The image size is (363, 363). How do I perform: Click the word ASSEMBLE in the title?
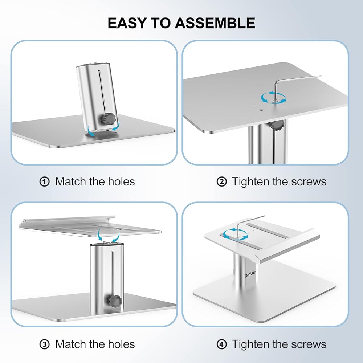pyautogui.click(x=215, y=23)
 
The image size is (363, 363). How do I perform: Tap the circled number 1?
pyautogui.click(x=44, y=182)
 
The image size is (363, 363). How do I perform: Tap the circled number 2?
pyautogui.click(x=221, y=182)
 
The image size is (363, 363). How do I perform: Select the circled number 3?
pyautogui.click(x=44, y=344)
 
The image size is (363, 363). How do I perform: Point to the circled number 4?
pyautogui.click(x=221, y=344)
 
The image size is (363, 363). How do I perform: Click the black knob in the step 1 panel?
pyautogui.click(x=108, y=119)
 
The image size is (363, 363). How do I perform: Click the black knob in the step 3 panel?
pyautogui.click(x=114, y=301)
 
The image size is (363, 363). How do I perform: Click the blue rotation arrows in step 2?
pyautogui.click(x=273, y=98)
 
